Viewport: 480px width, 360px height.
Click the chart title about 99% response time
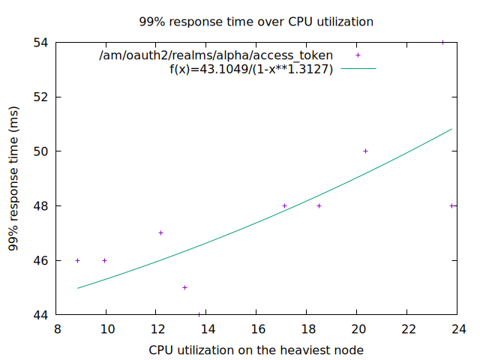coord(256,22)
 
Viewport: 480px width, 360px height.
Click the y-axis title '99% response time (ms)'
coord(13,178)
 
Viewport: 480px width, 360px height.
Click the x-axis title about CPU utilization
coord(256,349)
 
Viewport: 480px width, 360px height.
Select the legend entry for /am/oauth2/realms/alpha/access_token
coord(216,55)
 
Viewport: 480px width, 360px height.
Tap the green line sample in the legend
coord(358,69)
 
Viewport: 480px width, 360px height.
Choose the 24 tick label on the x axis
coord(457,328)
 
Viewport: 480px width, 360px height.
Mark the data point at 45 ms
coord(184,287)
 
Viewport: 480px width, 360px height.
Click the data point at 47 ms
coord(160,232)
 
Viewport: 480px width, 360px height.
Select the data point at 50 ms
coord(365,151)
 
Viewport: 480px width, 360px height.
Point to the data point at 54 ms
coord(443,43)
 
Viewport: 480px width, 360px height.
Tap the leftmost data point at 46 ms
coord(77,260)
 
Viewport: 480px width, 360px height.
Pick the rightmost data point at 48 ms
coord(452,205)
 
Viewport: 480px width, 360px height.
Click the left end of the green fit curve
coord(77,288)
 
